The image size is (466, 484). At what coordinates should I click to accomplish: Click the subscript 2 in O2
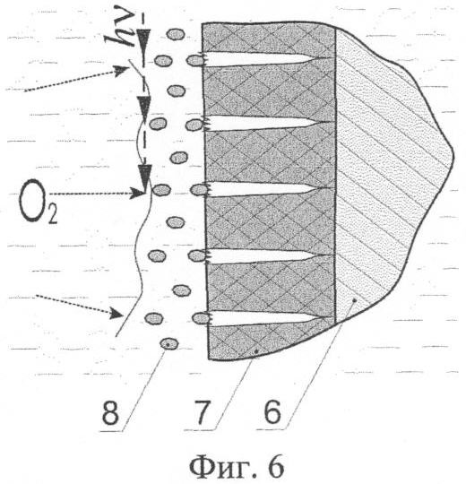53,215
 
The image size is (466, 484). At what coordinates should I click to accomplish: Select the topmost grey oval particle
176,34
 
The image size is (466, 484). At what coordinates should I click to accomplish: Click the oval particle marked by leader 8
169,343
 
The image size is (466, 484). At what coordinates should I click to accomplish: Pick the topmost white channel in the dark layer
265,58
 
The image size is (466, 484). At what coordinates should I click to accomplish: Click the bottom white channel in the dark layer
265,318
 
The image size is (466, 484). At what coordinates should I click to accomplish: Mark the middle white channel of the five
265,189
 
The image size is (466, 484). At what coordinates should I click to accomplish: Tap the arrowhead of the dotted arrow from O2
138,194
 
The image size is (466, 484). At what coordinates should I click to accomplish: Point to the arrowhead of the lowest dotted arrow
117,313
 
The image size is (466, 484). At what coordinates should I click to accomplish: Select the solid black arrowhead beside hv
143,39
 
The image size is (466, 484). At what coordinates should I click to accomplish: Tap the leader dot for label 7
256,351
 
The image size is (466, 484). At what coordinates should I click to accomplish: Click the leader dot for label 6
355,299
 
